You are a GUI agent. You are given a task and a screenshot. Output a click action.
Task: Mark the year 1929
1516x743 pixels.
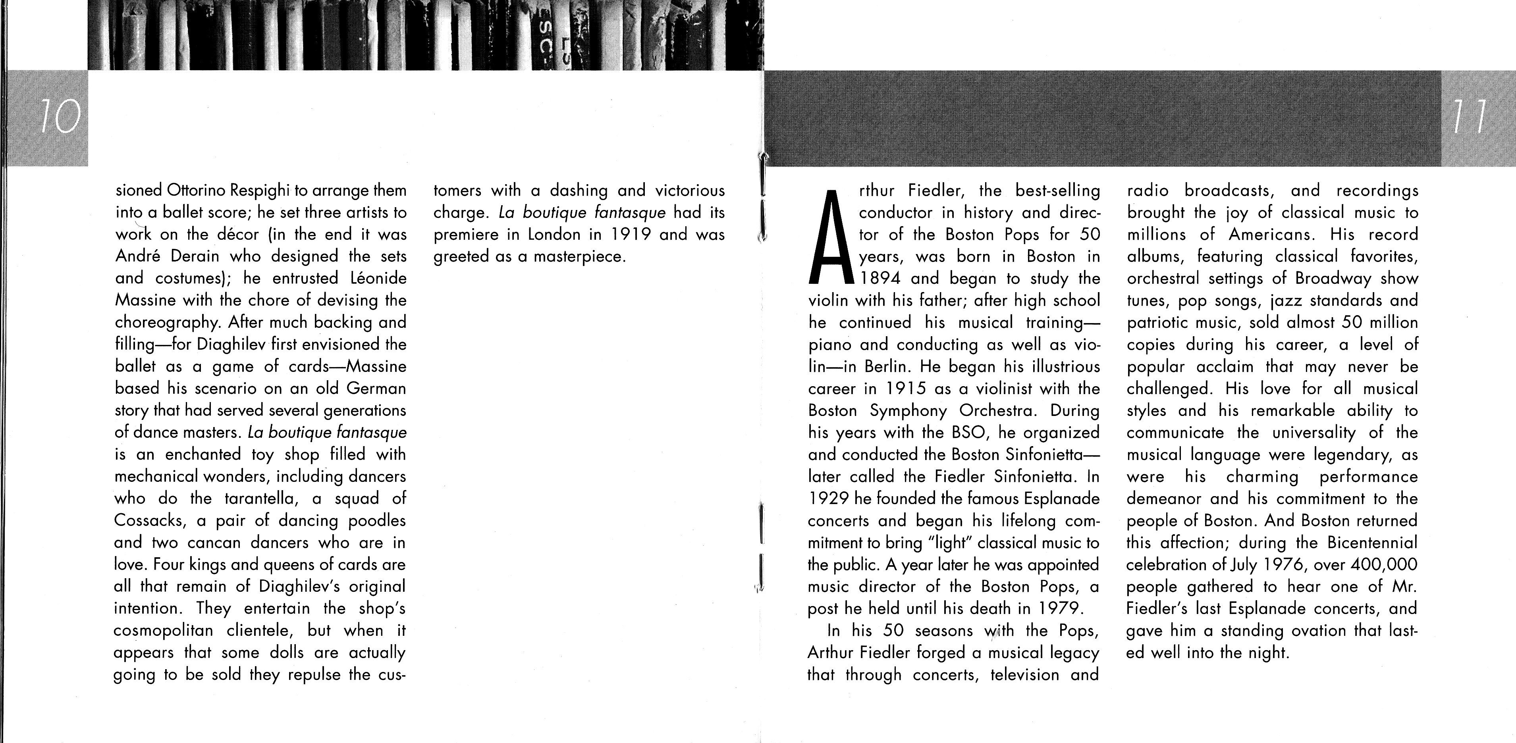[x=828, y=498]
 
